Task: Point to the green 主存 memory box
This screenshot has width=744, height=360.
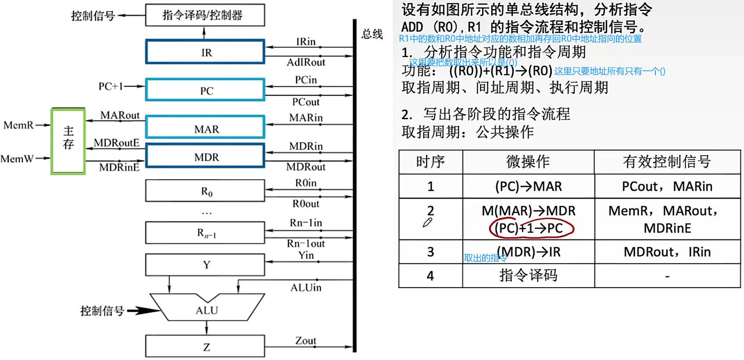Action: tap(68, 141)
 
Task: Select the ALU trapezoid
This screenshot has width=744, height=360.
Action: tap(207, 309)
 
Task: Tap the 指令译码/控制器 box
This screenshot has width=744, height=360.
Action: tap(205, 15)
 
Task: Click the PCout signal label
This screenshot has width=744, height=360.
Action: tap(306, 102)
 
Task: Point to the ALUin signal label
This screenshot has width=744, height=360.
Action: tap(306, 288)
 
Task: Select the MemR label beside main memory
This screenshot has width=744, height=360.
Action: tap(18, 125)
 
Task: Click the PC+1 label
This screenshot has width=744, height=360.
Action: tap(111, 86)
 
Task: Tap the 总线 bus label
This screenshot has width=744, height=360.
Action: tap(372, 34)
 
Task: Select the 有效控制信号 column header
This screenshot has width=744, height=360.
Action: tap(667, 162)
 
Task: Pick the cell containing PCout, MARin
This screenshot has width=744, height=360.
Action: tap(667, 186)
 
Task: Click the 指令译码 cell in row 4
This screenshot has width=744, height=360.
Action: tap(528, 275)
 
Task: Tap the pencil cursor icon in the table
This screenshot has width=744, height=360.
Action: tap(427, 223)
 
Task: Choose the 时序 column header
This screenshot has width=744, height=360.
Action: tap(430, 162)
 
